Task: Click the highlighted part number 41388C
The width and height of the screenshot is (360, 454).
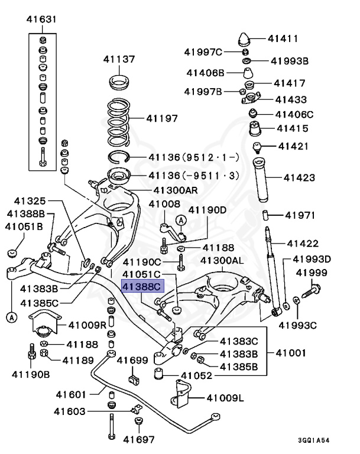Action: tap(141, 287)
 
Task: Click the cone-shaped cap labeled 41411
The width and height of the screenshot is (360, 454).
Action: tap(244, 40)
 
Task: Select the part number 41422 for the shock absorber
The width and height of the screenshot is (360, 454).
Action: tap(303, 244)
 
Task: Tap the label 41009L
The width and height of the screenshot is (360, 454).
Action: tap(226, 398)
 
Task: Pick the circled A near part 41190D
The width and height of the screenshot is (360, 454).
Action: tap(181, 220)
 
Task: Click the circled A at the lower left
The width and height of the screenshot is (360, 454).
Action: tap(11, 317)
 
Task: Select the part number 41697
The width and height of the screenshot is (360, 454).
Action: tap(138, 439)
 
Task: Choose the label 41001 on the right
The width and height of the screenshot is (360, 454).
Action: tap(290, 354)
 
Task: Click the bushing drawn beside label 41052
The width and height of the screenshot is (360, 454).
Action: tap(158, 374)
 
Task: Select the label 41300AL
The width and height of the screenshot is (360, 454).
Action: tap(222, 260)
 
